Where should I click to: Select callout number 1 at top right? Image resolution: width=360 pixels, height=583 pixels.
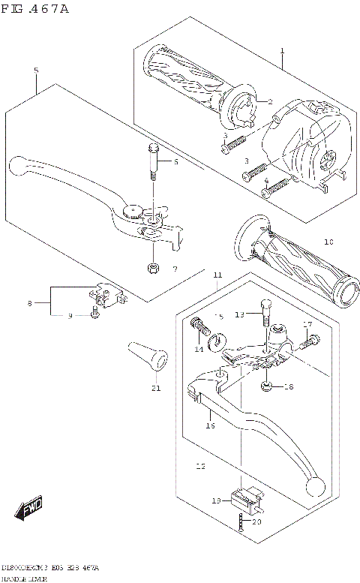282,51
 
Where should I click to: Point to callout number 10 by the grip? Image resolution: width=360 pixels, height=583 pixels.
328,242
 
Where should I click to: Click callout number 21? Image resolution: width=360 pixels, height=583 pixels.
155,388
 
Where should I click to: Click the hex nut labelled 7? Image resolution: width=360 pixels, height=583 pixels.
153,268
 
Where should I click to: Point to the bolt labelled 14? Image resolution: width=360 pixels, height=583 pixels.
198,326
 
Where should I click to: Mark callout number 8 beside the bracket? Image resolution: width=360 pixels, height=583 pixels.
29,303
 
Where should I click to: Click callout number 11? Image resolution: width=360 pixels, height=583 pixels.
217,276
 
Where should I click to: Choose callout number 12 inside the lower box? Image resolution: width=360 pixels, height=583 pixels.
199,466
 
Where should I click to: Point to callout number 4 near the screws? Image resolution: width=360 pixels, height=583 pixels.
266,181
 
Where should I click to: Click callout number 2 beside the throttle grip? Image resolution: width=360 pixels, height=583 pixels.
270,101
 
